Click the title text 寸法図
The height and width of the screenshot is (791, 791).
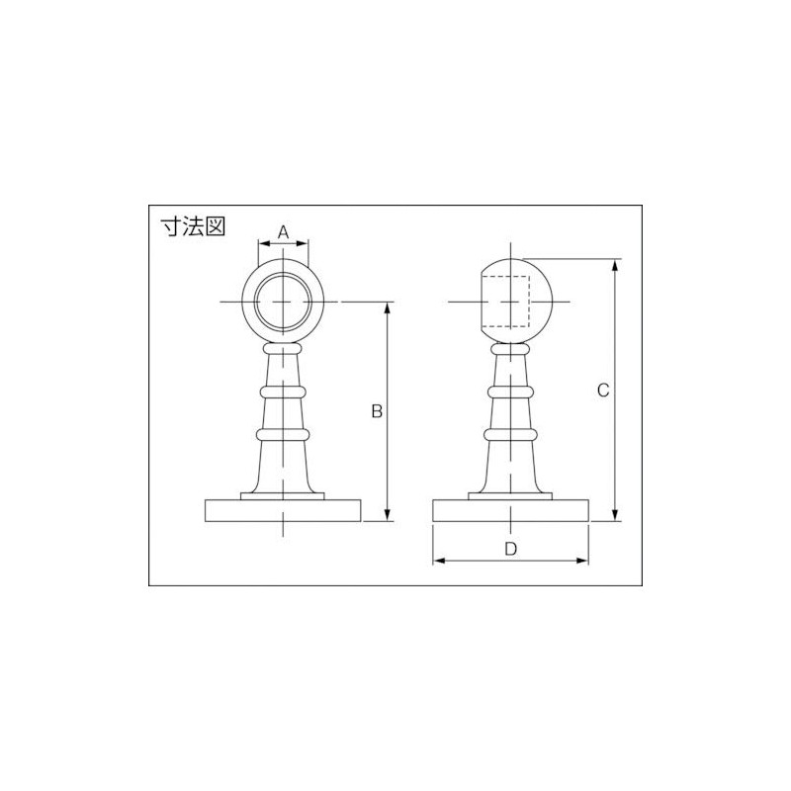194,225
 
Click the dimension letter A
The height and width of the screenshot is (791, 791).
283,232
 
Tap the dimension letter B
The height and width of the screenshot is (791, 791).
376,410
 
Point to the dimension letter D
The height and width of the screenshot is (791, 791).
510,549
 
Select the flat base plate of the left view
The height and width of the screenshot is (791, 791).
283,510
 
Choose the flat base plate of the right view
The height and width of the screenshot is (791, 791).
511,510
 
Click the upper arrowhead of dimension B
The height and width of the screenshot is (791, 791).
387,308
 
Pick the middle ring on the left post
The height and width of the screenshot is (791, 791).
283,392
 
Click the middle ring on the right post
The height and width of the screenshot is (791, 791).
511,392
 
